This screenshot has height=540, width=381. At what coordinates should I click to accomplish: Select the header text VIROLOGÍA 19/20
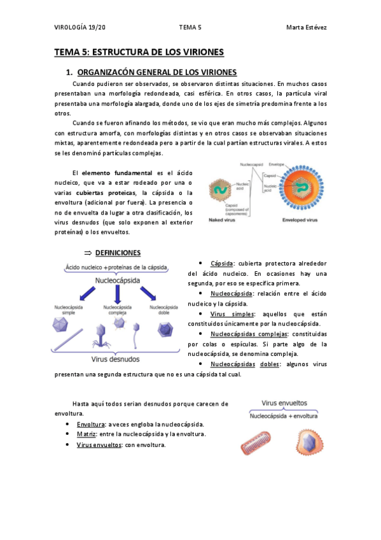80,27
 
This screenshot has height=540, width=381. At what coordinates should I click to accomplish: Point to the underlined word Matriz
87,434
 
